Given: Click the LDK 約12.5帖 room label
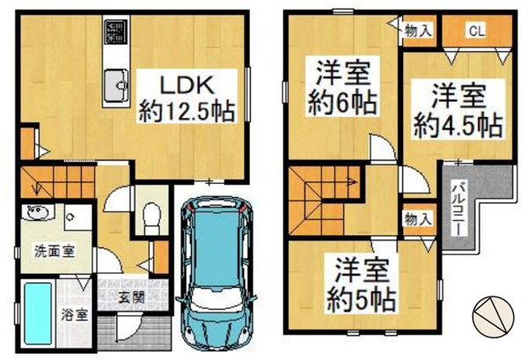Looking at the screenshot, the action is coord(187,99).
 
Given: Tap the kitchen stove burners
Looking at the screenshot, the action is coord(116,32).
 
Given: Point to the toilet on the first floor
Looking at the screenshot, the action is coord(152,218).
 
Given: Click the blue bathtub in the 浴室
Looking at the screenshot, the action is coord(38,313).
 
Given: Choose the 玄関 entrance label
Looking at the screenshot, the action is coord(132,297).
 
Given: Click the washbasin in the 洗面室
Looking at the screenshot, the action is coord(37,212).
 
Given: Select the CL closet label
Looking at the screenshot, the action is coord(477,32).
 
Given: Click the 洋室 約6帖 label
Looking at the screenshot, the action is coord(342,87).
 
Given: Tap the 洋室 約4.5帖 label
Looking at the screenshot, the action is coord(458,110).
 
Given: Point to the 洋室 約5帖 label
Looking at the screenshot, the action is coord(362,283).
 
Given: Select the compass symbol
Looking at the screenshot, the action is coord(494,316).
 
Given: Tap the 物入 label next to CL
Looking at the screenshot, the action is coord(417,32).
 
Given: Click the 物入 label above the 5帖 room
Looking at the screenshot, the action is coord(417,219).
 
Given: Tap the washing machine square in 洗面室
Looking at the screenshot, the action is coord(78,217).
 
